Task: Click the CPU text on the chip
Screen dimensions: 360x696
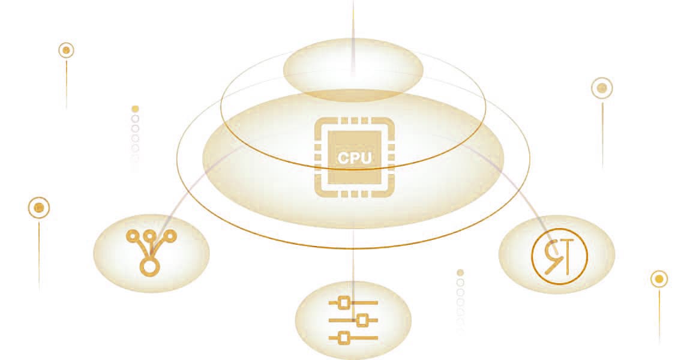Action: tap(355, 158)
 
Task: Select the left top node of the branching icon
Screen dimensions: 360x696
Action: tap(133, 236)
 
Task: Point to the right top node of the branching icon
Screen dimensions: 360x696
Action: tap(170, 236)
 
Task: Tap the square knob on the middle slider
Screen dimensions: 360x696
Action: tap(361, 320)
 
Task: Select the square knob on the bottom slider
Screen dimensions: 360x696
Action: tap(344, 338)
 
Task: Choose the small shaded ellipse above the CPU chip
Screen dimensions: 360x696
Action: tap(353, 69)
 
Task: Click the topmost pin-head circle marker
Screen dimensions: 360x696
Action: tap(66, 50)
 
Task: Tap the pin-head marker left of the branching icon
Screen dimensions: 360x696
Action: tap(39, 208)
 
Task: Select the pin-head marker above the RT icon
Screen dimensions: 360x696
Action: tap(602, 88)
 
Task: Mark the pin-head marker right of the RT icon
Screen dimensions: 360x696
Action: tap(659, 279)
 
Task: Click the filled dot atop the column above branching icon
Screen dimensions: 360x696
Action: tap(135, 109)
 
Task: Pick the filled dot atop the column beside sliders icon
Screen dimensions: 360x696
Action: tap(460, 272)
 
